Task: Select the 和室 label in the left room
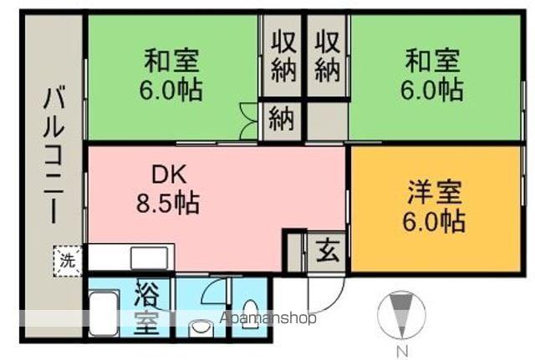coord(171,62)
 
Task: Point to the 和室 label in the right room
coord(433,62)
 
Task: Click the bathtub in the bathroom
coord(104,314)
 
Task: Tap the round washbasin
coord(201,327)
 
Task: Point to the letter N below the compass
coord(402,350)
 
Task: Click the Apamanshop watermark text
coord(267,318)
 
